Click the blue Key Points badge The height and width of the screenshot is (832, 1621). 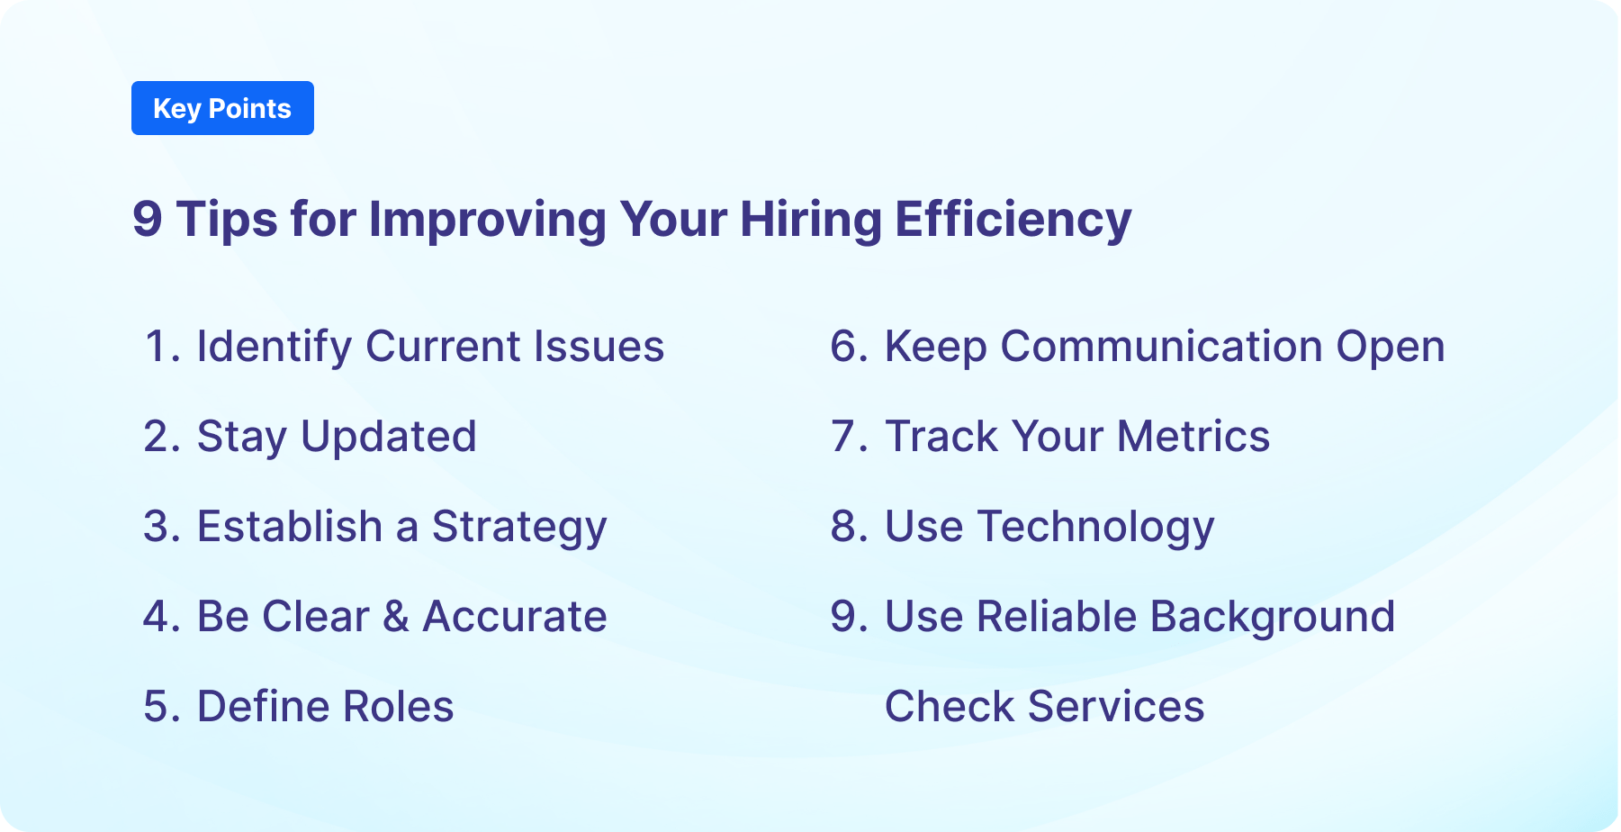click(222, 108)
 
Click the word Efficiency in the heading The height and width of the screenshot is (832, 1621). click(1013, 220)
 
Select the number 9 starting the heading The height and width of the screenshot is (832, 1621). click(148, 220)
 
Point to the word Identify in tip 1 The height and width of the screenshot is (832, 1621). click(274, 348)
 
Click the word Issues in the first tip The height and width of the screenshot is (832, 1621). click(598, 347)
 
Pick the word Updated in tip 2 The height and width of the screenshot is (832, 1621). click(388, 438)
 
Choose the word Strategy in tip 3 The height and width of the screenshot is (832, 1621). click(519, 528)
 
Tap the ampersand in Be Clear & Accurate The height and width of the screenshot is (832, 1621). click(396, 617)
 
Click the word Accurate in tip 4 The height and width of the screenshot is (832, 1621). click(515, 617)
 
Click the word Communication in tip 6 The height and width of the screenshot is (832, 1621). click(1161, 347)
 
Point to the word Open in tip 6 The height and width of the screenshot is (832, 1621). click(1390, 348)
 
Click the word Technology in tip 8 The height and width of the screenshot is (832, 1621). click(1095, 528)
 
